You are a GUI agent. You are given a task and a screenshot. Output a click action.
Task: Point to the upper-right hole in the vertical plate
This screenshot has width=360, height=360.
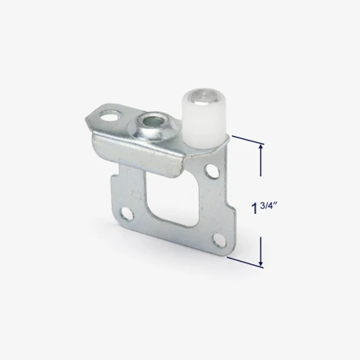[212, 171]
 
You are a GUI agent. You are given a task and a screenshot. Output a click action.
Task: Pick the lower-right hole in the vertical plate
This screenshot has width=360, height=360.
[219, 241]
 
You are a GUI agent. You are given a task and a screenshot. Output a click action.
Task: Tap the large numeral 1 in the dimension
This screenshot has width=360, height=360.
[254, 208]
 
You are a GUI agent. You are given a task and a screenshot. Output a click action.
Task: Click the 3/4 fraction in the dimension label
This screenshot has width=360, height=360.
[266, 206]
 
